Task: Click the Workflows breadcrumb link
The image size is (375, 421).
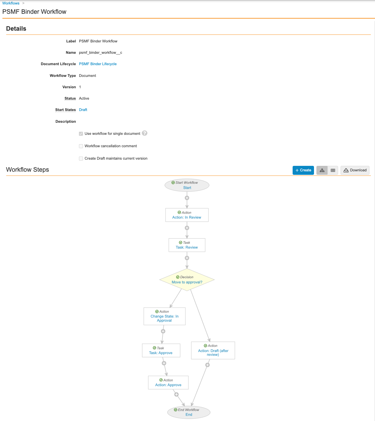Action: (11, 3)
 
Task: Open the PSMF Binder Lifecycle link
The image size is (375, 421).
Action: (98, 64)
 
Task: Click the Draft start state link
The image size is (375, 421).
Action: (83, 110)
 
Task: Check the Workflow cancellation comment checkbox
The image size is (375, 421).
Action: (81, 146)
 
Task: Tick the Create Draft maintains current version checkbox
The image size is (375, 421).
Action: (81, 159)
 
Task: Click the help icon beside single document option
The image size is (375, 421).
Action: (145, 133)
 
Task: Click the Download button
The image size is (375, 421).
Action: (355, 170)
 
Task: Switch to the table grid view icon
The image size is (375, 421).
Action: (333, 170)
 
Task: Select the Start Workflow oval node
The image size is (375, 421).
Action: (187, 185)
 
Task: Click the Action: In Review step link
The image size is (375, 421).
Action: (186, 217)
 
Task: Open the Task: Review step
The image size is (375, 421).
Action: (187, 245)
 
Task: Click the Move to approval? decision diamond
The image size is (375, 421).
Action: (187, 280)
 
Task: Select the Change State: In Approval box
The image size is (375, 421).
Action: (164, 316)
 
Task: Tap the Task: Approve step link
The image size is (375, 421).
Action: (161, 353)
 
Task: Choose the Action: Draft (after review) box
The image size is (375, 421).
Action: (213, 350)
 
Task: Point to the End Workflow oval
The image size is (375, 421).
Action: (189, 412)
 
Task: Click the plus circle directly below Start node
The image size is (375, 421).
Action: (187, 198)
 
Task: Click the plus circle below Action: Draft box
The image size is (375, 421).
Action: (207, 365)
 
